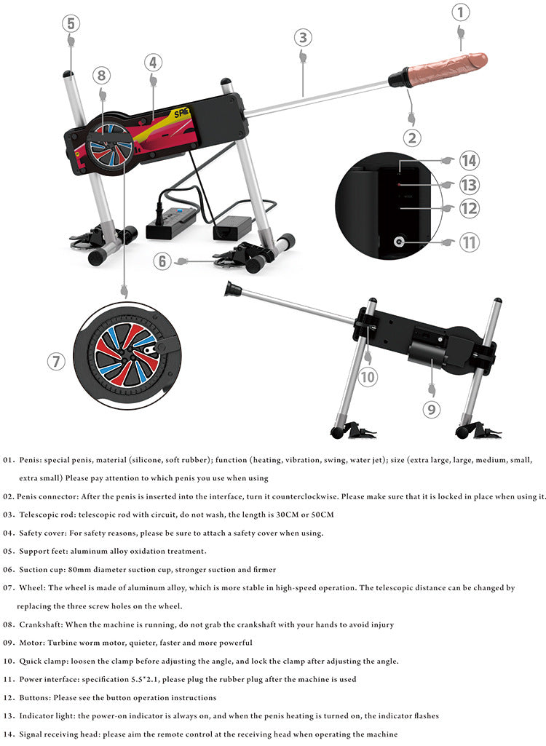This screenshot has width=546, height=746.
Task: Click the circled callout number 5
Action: [x=71, y=23]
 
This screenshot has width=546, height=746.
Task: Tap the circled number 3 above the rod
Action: [x=303, y=38]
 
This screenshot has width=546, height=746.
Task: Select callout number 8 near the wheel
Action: [x=101, y=75]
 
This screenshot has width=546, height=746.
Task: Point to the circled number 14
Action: [x=469, y=160]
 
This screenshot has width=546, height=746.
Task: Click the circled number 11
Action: [x=470, y=242]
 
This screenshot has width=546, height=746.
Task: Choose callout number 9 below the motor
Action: [x=431, y=409]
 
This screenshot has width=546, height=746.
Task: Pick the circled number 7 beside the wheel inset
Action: [x=56, y=361]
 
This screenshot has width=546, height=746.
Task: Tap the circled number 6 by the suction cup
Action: [x=162, y=261]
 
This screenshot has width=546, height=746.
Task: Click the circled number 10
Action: [x=367, y=377]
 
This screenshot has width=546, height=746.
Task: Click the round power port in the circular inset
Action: [x=399, y=241]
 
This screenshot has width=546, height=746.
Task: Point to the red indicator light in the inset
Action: [x=400, y=184]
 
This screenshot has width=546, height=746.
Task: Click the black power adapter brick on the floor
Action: [x=232, y=227]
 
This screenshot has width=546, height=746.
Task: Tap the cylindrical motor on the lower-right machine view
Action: [x=427, y=354]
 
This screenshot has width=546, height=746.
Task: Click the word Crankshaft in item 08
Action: [x=41, y=624]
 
